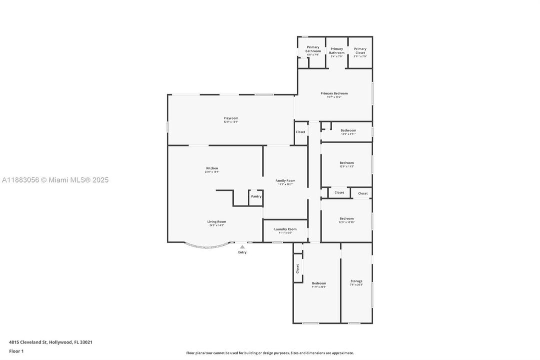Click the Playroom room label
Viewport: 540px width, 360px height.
[x=231, y=118]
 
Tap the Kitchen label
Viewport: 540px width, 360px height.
[x=212, y=168]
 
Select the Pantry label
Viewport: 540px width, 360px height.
[x=256, y=196]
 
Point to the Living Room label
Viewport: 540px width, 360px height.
[x=217, y=222]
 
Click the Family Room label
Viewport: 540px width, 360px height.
[x=285, y=181]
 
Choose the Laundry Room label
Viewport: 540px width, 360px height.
[x=285, y=229]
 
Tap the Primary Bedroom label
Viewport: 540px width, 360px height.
[x=334, y=93]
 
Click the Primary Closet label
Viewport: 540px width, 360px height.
[x=360, y=51]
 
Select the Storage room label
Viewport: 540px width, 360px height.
[x=356, y=281]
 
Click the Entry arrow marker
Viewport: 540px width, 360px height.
[x=242, y=246]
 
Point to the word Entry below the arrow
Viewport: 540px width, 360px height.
[x=242, y=252]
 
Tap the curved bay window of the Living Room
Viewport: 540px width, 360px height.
[x=207, y=246]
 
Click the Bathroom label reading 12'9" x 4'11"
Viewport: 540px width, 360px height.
[x=348, y=130]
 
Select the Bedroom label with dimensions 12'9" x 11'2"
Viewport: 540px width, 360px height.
[x=347, y=163]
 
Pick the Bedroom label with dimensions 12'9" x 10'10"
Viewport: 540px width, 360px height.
[x=347, y=219]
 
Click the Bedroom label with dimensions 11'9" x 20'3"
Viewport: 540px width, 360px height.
[x=319, y=283]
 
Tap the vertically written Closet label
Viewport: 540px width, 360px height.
[x=298, y=269]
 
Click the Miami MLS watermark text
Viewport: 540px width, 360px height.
[x=55, y=180]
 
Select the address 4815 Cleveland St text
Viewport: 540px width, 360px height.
[x=50, y=342]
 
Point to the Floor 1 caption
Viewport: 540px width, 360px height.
[x=16, y=351]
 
